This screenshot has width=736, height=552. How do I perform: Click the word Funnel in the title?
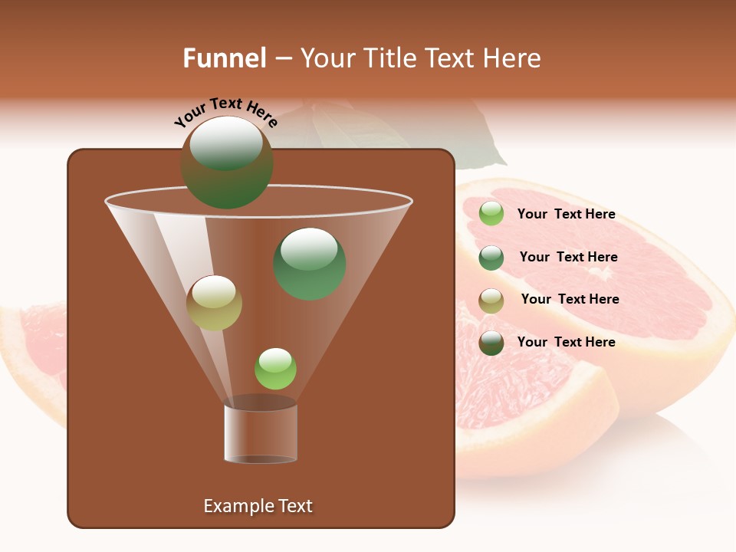pyautogui.click(x=224, y=58)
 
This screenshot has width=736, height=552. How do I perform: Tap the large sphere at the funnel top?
pyautogui.click(x=227, y=163)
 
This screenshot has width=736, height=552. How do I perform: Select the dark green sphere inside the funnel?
pyautogui.click(x=310, y=264)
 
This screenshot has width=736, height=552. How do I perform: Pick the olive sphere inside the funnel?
pyautogui.click(x=214, y=303)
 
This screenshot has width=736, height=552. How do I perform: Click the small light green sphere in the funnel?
pyautogui.click(x=275, y=368)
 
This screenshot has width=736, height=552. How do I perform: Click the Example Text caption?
pyautogui.click(x=258, y=506)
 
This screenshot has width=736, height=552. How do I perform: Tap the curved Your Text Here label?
pyautogui.click(x=225, y=111)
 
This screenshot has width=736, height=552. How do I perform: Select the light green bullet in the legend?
pyautogui.click(x=491, y=214)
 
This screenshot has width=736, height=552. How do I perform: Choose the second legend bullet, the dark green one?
pyautogui.click(x=491, y=258)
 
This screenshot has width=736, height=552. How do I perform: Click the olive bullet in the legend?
pyautogui.click(x=491, y=301)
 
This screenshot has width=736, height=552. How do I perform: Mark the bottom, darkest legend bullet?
pyautogui.click(x=491, y=343)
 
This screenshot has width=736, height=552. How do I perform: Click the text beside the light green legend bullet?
pyautogui.click(x=566, y=214)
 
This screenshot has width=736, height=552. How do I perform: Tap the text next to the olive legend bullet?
pyautogui.click(x=570, y=299)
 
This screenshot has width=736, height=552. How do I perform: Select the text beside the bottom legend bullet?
pyautogui.click(x=566, y=342)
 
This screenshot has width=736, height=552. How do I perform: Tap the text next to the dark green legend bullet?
pyautogui.click(x=568, y=257)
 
